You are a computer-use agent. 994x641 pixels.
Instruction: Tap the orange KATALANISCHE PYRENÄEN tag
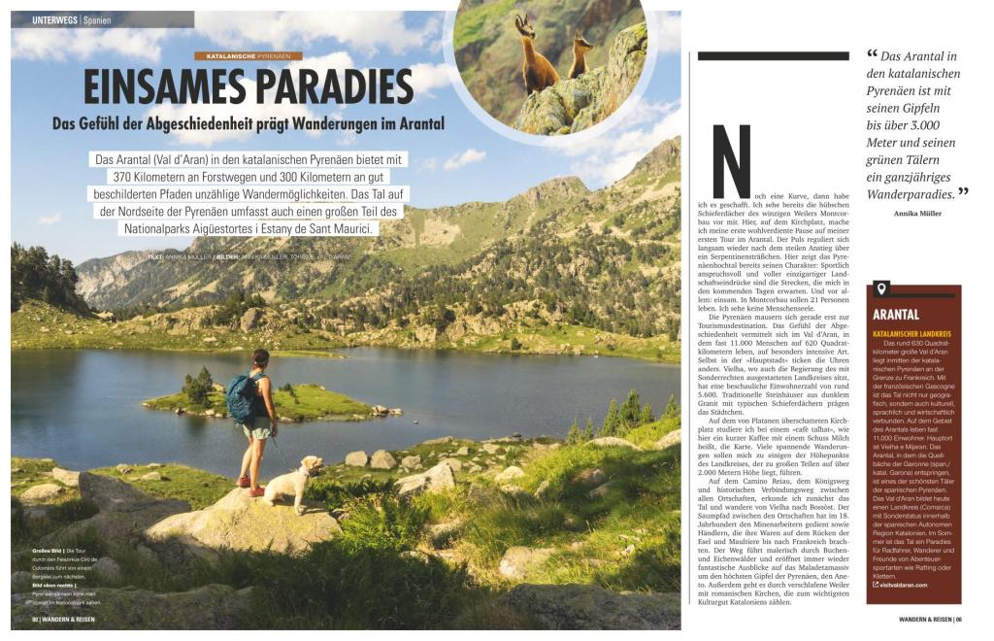click(x=248, y=56)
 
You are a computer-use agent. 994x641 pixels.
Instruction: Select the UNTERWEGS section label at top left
click(x=54, y=19)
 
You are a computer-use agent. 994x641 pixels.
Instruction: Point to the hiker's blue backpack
click(x=243, y=396)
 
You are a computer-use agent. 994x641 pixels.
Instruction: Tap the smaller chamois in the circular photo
click(x=580, y=56)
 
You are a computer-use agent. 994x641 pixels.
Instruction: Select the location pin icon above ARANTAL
click(x=881, y=288)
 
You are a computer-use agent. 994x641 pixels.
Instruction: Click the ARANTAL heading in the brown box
click(x=896, y=315)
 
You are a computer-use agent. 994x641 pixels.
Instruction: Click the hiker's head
click(x=259, y=358)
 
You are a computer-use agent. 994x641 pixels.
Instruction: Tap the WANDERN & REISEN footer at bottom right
click(x=923, y=619)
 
